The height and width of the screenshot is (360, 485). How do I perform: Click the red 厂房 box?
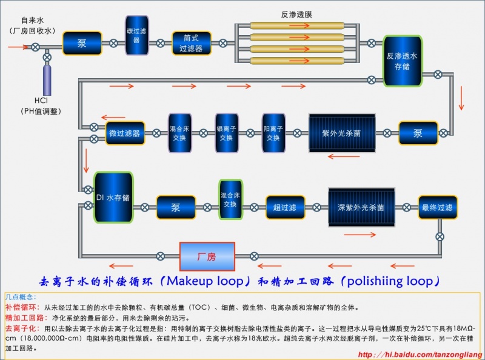tap(207, 256)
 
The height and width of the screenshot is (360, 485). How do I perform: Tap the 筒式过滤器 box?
tap(192, 44)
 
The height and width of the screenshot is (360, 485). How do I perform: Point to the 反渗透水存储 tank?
tap(402, 61)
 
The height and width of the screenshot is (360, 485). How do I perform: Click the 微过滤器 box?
tap(124, 133)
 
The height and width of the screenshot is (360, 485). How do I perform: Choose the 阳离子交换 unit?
tap(273, 133)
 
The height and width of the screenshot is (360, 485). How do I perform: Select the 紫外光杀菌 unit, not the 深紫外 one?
tap(342, 133)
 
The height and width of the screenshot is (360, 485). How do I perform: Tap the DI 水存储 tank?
tap(113, 197)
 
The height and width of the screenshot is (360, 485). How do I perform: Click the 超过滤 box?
tap(285, 207)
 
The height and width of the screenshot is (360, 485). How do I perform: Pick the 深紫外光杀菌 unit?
tap(361, 207)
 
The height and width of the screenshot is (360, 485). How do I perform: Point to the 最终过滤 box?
tap(437, 207)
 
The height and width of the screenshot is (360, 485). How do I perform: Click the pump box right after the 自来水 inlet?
tap(82, 44)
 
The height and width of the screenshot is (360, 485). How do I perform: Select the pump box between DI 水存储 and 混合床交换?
tap(175, 207)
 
